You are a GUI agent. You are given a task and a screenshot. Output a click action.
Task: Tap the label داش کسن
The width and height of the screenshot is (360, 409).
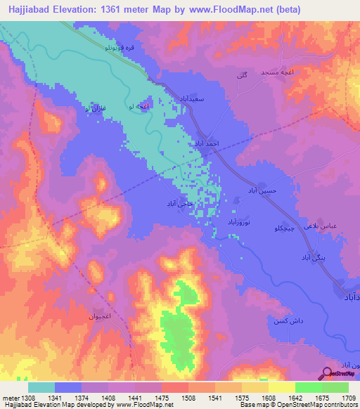pos(284,319)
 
